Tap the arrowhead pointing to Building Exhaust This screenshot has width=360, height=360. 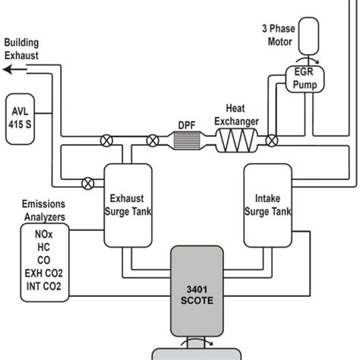pos(6,68)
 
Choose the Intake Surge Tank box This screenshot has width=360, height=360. pos(267,204)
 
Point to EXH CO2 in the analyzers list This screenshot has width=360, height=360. pos(43,275)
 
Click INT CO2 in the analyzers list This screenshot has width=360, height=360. pos(43,288)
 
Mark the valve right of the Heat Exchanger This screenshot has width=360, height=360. pos(272,140)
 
